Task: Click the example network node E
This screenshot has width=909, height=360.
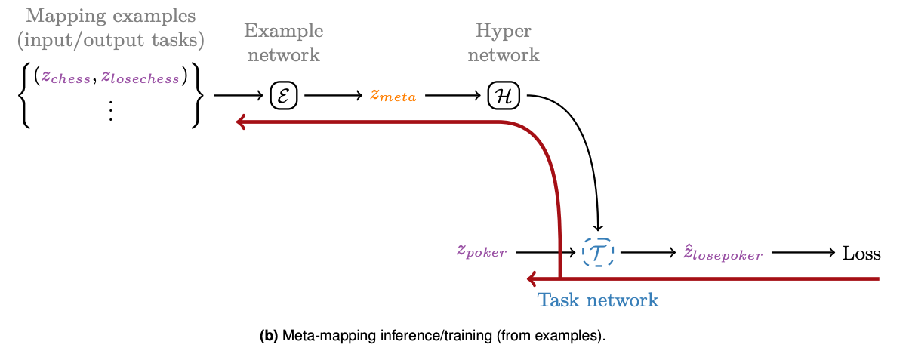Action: pyautogui.click(x=285, y=96)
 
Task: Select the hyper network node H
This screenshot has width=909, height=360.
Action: pyautogui.click(x=503, y=96)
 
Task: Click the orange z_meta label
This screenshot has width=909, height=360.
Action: pyautogui.click(x=393, y=97)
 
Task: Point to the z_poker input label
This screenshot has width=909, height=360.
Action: pyautogui.click(x=481, y=251)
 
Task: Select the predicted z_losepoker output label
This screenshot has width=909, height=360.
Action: pyautogui.click(x=723, y=253)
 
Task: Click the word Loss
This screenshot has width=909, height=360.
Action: pyautogui.click(x=861, y=253)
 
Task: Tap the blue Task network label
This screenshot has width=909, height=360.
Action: pyautogui.click(x=597, y=300)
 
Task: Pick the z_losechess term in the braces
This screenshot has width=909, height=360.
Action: pyautogui.click(x=141, y=77)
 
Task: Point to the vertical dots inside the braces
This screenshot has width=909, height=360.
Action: pyautogui.click(x=110, y=111)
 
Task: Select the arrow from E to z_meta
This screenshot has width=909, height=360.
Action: pyautogui.click(x=333, y=96)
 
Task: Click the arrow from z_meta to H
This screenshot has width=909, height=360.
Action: pyautogui.click(x=451, y=96)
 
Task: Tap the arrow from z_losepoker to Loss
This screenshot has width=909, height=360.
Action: pyautogui.click(x=803, y=253)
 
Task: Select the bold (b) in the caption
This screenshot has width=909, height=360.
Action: pyautogui.click(x=269, y=337)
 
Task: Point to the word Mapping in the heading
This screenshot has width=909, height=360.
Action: pyautogui.click(x=60, y=15)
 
